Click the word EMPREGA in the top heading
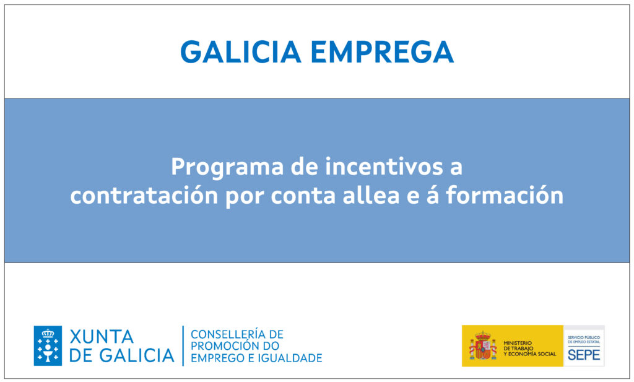(383, 52)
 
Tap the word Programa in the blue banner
(227, 168)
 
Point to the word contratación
(144, 195)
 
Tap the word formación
(505, 195)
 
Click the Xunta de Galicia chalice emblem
(48, 345)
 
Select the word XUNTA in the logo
(102, 337)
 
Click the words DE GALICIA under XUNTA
(122, 356)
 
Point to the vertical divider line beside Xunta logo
(183, 345)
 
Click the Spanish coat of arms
(483, 346)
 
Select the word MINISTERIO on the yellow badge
(518, 343)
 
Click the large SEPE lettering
(584, 355)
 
